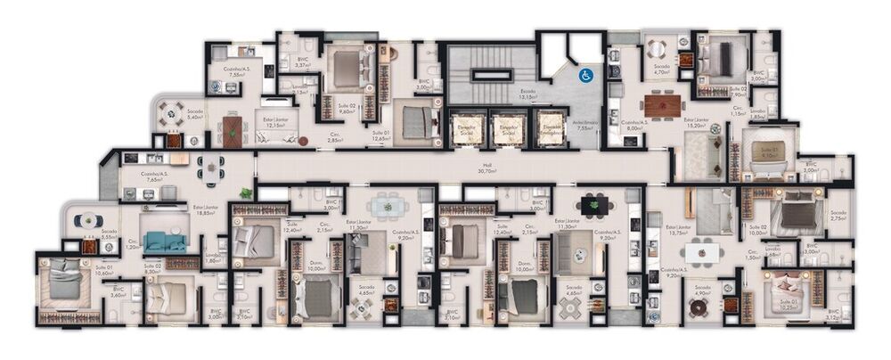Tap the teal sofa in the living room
point(165,241)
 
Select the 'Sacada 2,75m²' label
point(839,216)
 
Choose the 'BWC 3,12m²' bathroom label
point(832,315)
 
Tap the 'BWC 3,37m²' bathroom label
point(303,63)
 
